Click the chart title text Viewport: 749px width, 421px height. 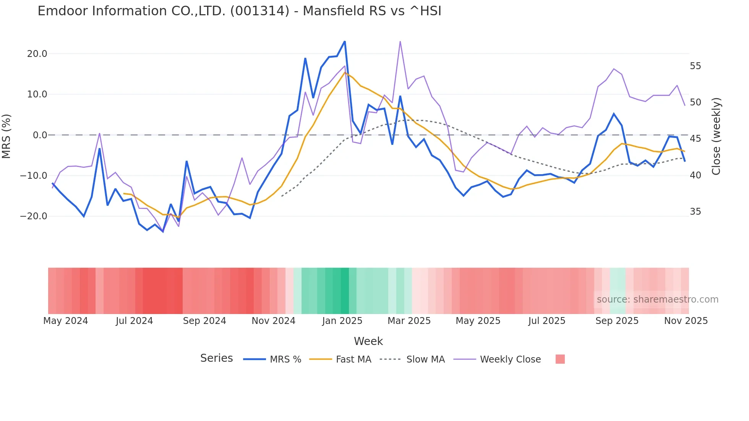pyautogui.click(x=239, y=11)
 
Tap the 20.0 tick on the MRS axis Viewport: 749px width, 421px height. pyautogui.click(x=37, y=54)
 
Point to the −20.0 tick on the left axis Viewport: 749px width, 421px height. pyautogui.click(x=34, y=216)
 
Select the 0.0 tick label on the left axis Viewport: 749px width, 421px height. pyautogui.click(x=40, y=135)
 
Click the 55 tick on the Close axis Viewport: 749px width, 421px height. pyautogui.click(x=695, y=66)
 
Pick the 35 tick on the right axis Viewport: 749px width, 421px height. pyautogui.click(x=695, y=212)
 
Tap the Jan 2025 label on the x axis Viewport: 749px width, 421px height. pyautogui.click(x=342, y=321)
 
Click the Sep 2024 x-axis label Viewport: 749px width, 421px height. pyautogui.click(x=204, y=321)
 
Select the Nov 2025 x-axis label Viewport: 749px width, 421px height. pyautogui.click(x=686, y=321)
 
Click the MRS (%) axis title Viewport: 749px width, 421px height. pyautogui.click(x=6, y=136)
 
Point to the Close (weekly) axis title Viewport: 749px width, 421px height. pyautogui.click(x=716, y=136)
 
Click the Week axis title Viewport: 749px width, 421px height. pyautogui.click(x=368, y=341)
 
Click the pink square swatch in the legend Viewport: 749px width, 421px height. pyautogui.click(x=560, y=359)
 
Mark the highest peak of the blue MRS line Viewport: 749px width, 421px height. pyautogui.click(x=345, y=41)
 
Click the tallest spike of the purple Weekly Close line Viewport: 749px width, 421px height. pyautogui.click(x=400, y=41)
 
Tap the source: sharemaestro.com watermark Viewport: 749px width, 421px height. pyautogui.click(x=657, y=300)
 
